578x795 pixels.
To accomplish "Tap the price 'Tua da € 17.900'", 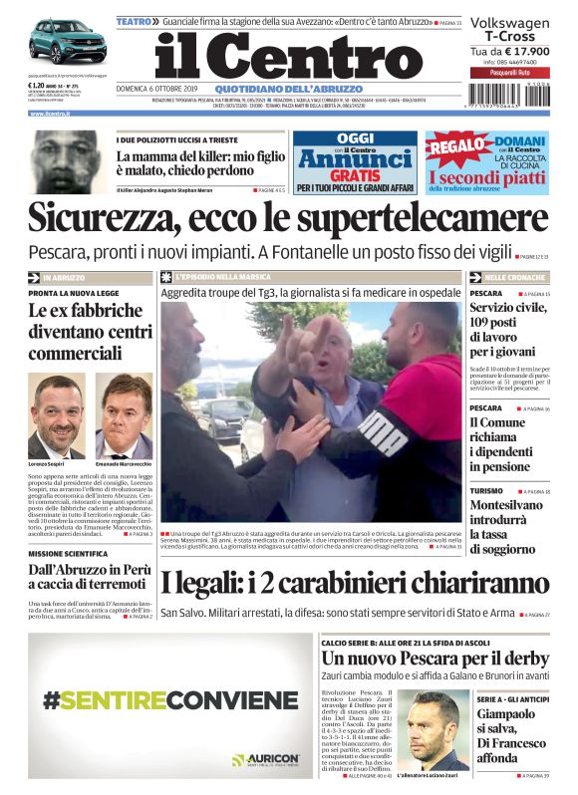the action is (x=509, y=51).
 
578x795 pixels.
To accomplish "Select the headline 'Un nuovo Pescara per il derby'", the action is (x=434, y=659).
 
